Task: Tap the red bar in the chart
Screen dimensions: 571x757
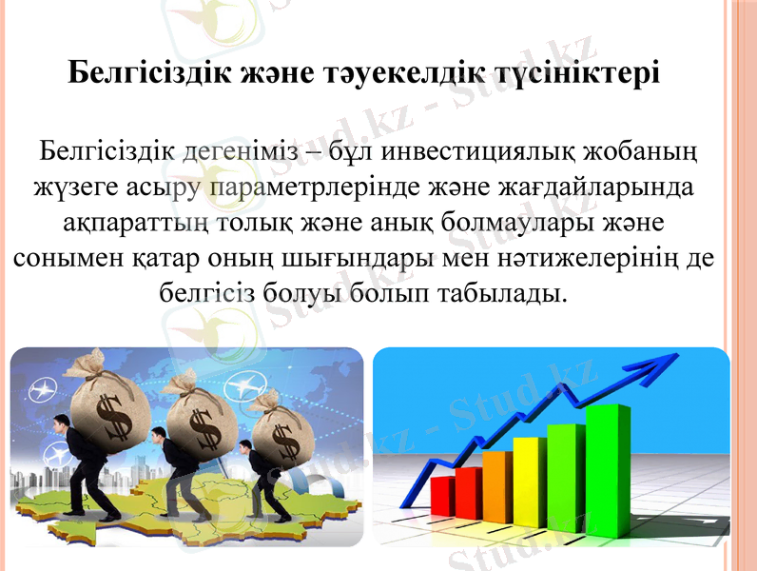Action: coord(443,495)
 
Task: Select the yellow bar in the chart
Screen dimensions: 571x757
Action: coord(529,476)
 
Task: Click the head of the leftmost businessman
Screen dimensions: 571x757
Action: coord(63,426)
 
